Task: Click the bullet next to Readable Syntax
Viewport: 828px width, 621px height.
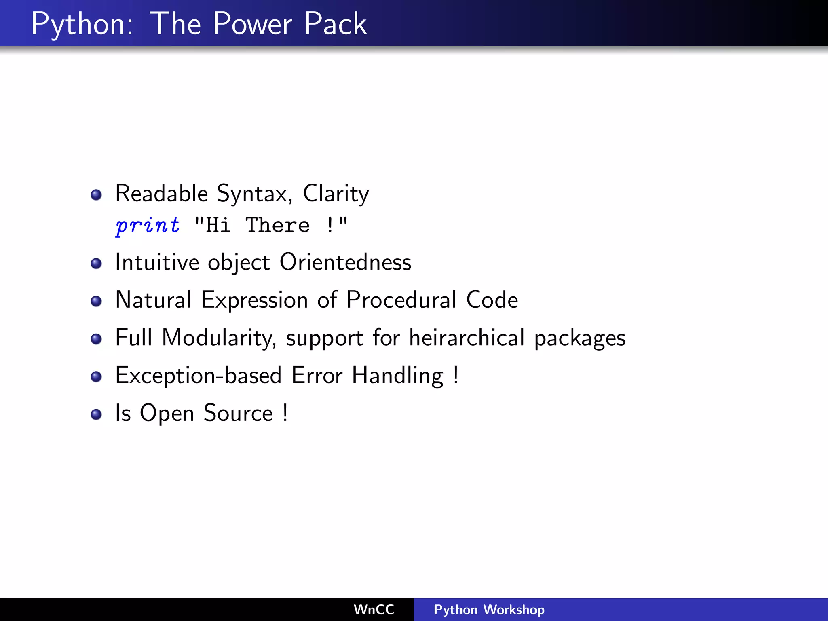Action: (x=96, y=195)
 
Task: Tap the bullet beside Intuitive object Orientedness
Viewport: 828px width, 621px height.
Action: (x=96, y=264)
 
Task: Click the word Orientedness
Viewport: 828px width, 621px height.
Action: (x=345, y=262)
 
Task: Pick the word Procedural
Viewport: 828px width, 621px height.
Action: (x=401, y=300)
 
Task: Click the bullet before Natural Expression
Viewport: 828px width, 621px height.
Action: (x=96, y=301)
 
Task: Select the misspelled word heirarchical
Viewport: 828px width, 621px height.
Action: (x=467, y=338)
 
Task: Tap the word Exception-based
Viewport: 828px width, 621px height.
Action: (x=198, y=376)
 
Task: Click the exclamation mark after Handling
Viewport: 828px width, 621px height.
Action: (x=456, y=375)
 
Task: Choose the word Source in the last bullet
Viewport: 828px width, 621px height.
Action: (x=238, y=413)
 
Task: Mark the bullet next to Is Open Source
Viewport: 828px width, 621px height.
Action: (x=96, y=414)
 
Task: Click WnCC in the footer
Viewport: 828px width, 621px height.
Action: (x=374, y=609)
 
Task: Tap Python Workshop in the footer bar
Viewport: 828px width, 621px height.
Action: (x=489, y=609)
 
